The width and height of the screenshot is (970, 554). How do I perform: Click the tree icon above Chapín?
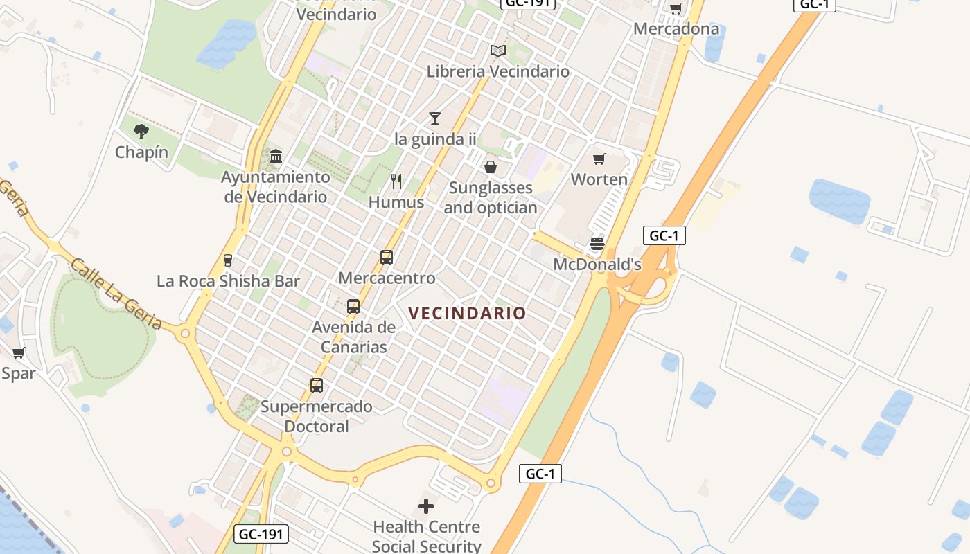(x=141, y=131)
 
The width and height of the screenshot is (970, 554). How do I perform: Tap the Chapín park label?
(x=141, y=152)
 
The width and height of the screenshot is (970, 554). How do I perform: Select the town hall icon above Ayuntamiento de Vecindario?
(x=276, y=156)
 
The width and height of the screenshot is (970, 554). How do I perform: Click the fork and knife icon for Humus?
(x=396, y=181)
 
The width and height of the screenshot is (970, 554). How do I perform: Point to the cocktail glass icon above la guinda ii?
(x=434, y=118)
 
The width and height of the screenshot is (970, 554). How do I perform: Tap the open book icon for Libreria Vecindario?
(x=497, y=51)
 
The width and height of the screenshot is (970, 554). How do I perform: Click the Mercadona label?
(x=676, y=29)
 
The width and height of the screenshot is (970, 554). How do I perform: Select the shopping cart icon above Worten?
(x=599, y=159)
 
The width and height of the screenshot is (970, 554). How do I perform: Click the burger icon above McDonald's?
(x=597, y=244)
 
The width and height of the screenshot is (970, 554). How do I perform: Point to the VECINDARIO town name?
(x=468, y=313)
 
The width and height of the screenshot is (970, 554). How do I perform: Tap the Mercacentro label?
(x=387, y=278)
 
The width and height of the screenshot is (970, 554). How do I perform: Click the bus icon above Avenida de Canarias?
(x=353, y=306)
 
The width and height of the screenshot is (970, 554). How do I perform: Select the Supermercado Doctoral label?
(x=317, y=415)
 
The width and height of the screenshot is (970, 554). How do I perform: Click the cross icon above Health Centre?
(x=426, y=506)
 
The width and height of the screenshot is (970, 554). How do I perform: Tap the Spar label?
(x=18, y=373)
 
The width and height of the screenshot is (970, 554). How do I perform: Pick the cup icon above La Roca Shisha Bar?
(x=227, y=260)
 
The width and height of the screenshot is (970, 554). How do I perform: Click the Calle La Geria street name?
(x=116, y=294)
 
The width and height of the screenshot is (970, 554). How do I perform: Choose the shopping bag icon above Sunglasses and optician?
(x=490, y=167)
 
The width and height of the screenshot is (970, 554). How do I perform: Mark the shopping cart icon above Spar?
(x=18, y=353)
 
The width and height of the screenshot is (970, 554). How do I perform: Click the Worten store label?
(x=599, y=179)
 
